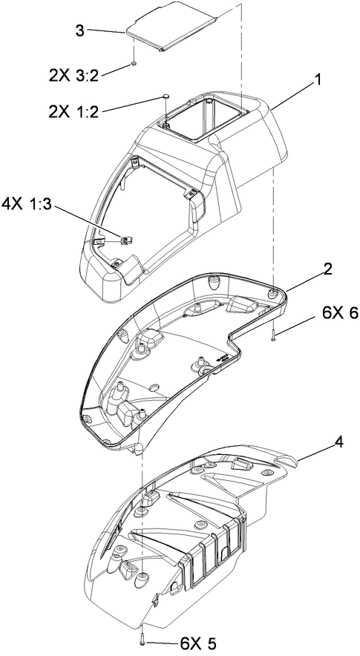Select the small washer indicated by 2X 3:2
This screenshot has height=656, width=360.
[x=133, y=65]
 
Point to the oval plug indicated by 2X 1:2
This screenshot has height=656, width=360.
[x=166, y=96]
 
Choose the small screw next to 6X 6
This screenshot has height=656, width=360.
[x=275, y=335]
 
